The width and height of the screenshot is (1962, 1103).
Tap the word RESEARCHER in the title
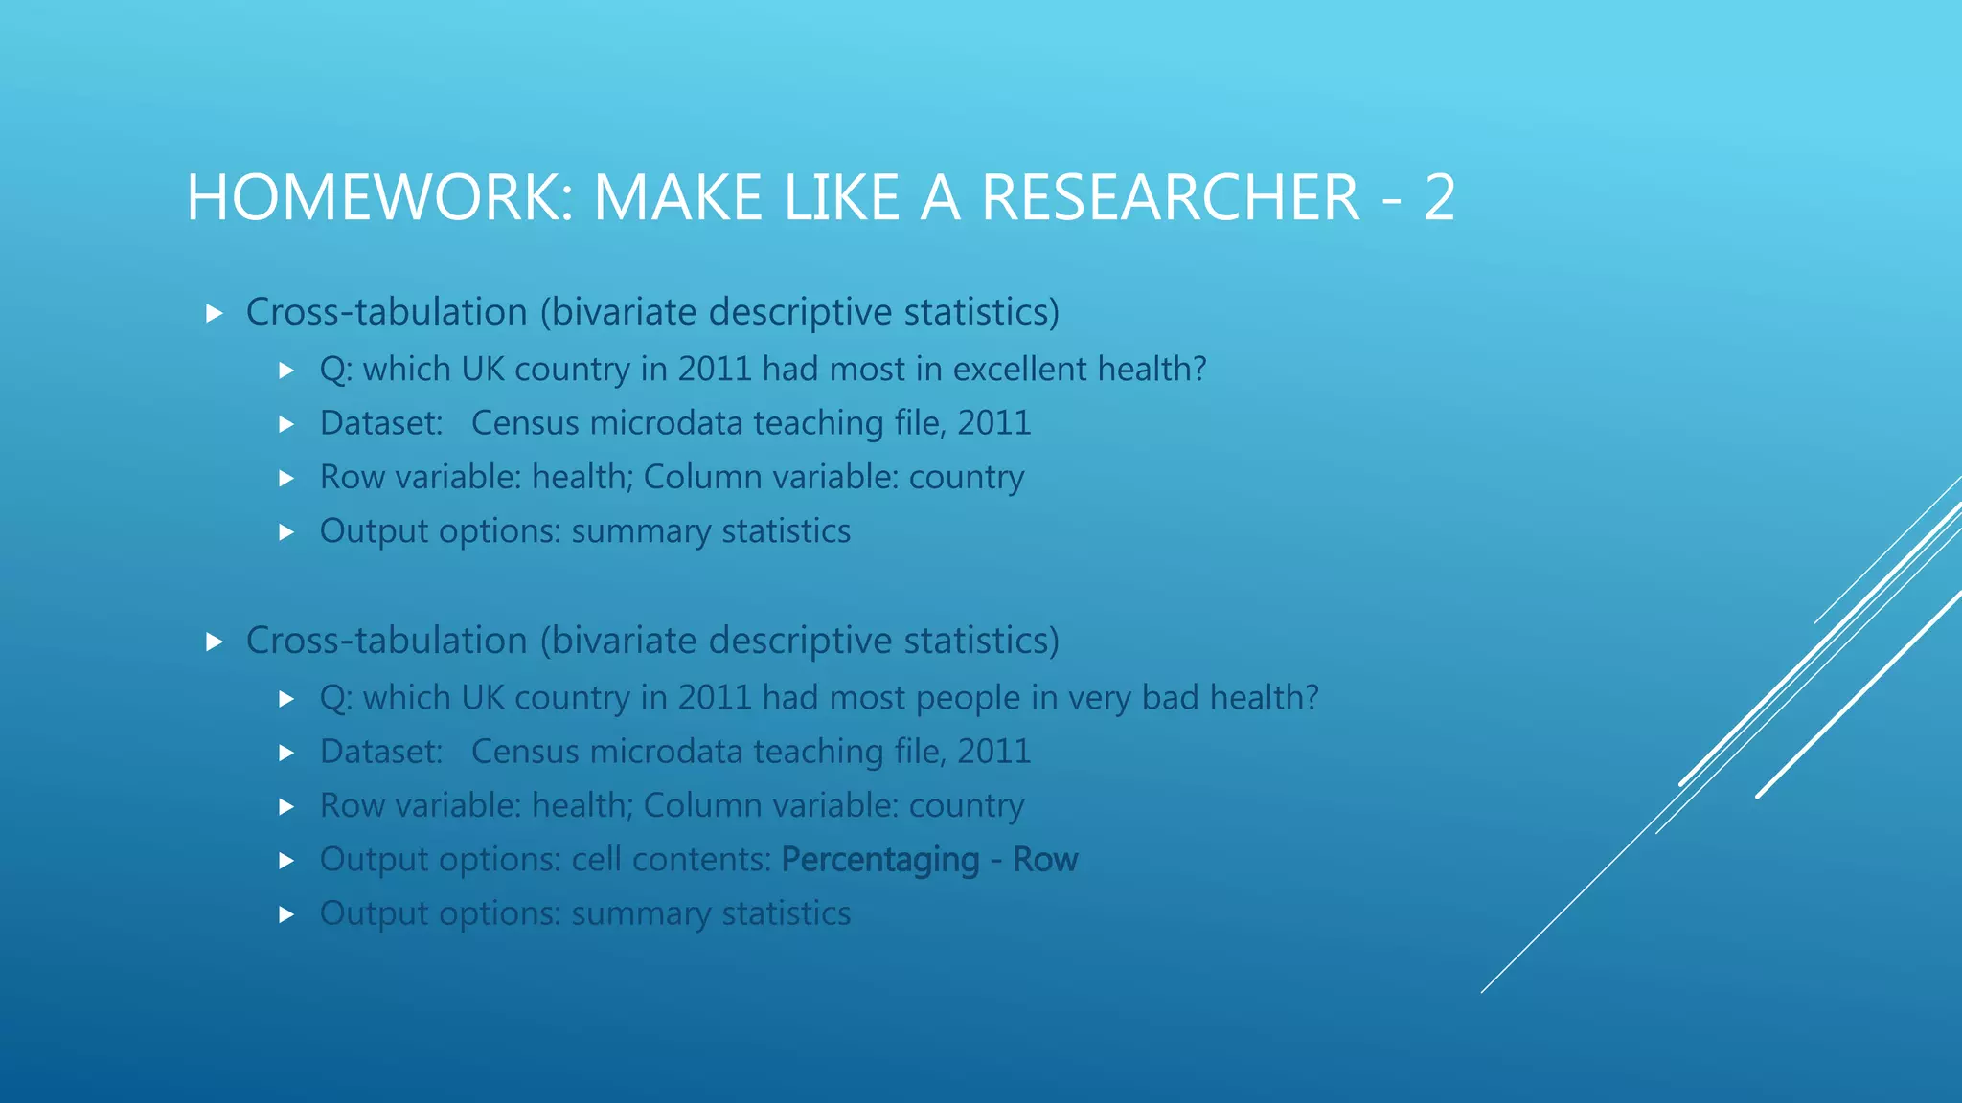[1170, 198]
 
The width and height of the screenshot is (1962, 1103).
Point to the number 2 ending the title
[1439, 198]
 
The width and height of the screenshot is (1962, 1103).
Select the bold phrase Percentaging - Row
[929, 860]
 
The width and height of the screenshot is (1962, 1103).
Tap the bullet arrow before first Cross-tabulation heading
[215, 313]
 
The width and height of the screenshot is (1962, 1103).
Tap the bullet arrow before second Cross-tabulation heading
[215, 642]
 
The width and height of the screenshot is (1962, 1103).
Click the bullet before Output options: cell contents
[286, 861]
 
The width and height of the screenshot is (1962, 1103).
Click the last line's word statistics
[786, 913]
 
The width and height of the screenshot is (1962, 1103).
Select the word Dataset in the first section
[380, 423]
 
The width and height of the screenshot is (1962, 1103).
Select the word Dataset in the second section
[380, 752]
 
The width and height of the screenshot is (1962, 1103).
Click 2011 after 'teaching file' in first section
[993, 423]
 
